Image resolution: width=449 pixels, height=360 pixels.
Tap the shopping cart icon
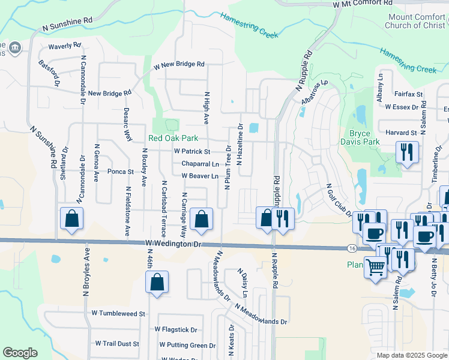point(376,267)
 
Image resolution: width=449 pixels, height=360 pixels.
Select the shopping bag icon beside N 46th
point(157,283)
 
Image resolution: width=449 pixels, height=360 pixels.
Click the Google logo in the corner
point(20,353)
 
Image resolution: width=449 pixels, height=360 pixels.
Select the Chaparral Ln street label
point(200,164)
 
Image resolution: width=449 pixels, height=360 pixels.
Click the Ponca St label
point(120,172)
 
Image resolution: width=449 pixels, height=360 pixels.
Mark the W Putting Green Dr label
point(187,346)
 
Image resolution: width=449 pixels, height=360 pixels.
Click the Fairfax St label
point(409,94)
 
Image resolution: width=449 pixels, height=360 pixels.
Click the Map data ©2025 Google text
point(411,355)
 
